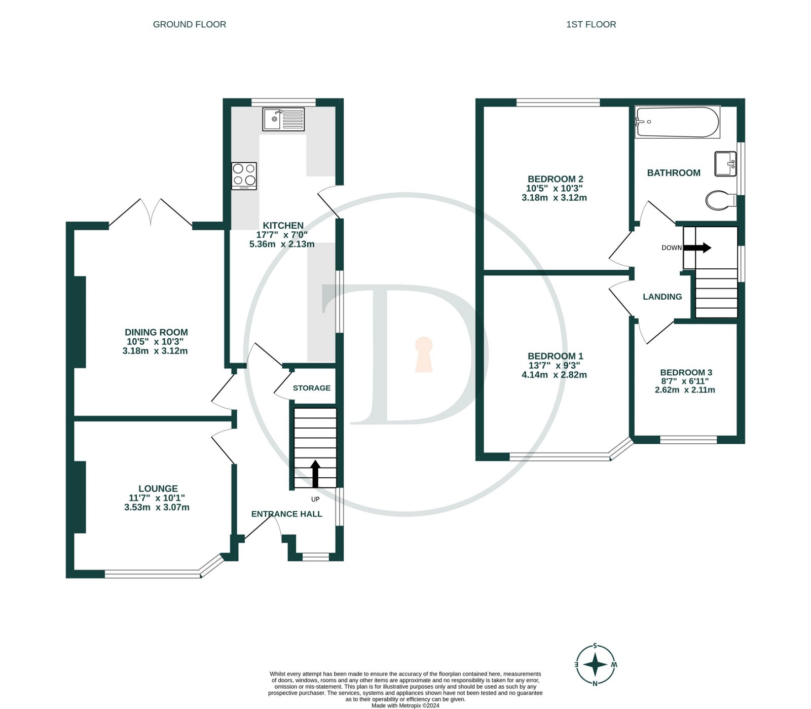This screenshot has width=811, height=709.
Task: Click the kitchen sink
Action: point(283,119)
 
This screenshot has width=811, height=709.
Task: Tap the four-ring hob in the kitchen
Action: point(244,175)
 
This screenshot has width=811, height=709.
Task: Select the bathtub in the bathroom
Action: point(677,122)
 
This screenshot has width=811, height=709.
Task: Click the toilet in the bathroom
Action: point(720,200)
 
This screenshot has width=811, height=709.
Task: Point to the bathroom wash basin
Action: point(725,164)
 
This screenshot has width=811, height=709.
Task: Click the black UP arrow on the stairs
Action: point(315,474)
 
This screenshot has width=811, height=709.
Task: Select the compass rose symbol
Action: point(596,664)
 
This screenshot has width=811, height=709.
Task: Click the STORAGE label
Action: point(311,388)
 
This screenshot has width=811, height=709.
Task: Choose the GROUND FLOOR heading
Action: point(190,24)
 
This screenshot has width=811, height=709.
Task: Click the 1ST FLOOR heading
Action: point(591,24)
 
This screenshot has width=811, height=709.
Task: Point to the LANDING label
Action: point(662,297)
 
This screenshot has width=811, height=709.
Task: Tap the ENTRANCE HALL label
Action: point(287,514)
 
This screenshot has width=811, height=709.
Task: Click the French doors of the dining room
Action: point(151,212)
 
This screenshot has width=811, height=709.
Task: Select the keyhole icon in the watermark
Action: point(424,354)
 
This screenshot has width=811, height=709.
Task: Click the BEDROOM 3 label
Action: point(686,372)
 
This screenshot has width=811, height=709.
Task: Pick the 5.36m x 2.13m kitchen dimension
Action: point(282,244)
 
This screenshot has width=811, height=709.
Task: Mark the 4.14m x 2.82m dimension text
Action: point(554,375)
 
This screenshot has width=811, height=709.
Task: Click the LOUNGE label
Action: point(158,488)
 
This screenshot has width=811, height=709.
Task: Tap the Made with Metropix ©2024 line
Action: point(405,705)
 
